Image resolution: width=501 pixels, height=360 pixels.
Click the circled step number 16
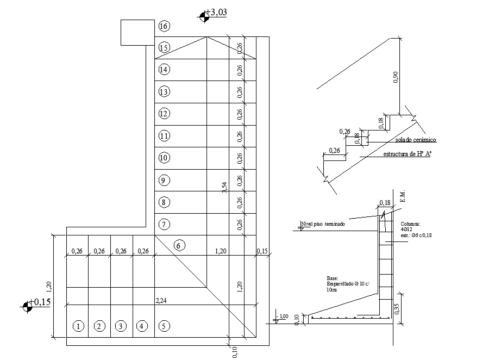164,26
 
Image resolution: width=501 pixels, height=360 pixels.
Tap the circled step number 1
78,326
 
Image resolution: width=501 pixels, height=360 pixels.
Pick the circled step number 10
164,158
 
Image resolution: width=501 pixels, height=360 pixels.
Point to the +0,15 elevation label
41,302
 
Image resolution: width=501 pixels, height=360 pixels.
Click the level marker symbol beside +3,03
204,16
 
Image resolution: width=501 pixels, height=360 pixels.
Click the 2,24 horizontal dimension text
161,300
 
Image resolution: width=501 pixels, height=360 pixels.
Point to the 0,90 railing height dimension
396,77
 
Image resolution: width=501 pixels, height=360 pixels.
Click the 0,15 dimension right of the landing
263,251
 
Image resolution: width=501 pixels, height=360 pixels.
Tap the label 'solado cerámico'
415,140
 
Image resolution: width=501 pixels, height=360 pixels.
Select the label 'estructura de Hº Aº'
407,154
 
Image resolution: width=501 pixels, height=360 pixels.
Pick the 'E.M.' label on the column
403,197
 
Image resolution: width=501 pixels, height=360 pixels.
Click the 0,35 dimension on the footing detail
396,309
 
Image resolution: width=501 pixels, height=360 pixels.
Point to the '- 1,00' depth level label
283,316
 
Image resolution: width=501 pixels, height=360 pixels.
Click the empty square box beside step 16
137,33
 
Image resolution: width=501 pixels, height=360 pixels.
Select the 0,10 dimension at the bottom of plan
235,352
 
